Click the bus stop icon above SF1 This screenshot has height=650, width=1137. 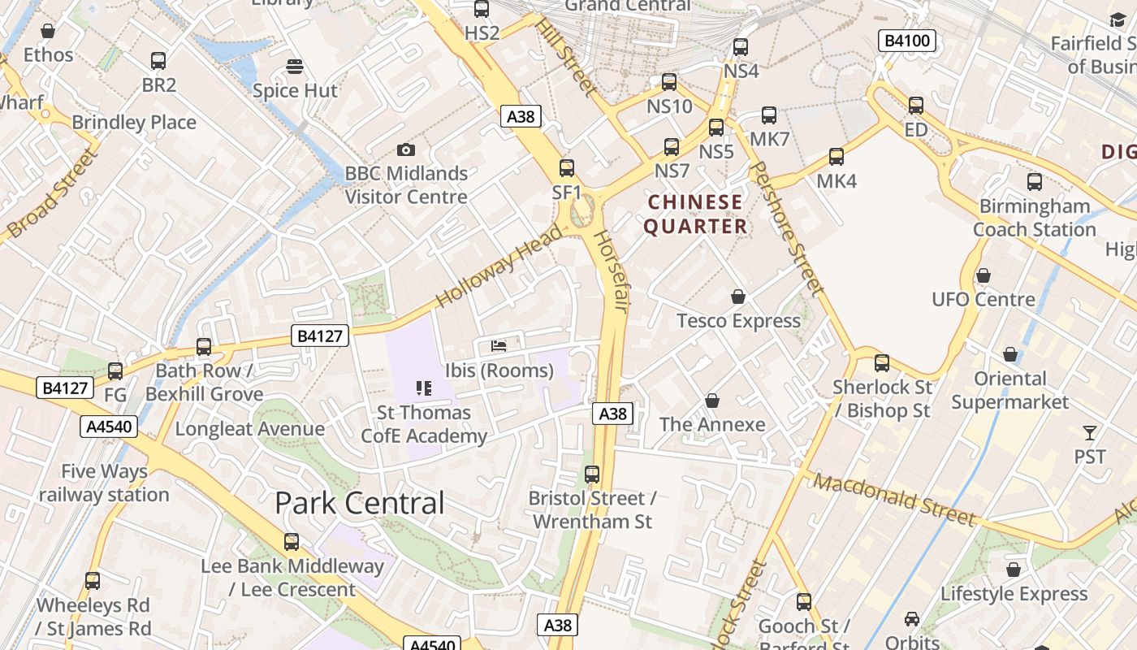(567, 168)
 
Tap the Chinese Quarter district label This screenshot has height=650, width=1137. (695, 214)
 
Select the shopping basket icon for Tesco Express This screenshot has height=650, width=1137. (738, 297)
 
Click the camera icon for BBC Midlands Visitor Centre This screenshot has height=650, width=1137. (406, 149)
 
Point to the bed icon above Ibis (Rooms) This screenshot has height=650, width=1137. (499, 346)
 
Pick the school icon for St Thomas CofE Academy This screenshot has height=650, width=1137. (424, 388)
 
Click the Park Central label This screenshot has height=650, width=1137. (360, 503)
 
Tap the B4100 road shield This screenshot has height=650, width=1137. (907, 41)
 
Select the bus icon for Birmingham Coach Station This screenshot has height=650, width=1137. (1035, 182)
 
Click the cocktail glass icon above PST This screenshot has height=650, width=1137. (1090, 433)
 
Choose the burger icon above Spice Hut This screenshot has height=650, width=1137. (295, 66)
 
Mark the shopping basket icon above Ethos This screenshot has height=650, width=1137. (48, 31)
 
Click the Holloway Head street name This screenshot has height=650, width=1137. (499, 266)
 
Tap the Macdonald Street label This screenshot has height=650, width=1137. (894, 499)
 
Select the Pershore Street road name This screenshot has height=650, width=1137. (785, 227)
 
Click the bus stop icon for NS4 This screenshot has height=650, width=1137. (741, 47)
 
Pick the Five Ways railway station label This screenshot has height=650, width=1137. (104, 483)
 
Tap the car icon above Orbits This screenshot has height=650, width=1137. (912, 619)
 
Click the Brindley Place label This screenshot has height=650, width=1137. (134, 123)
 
